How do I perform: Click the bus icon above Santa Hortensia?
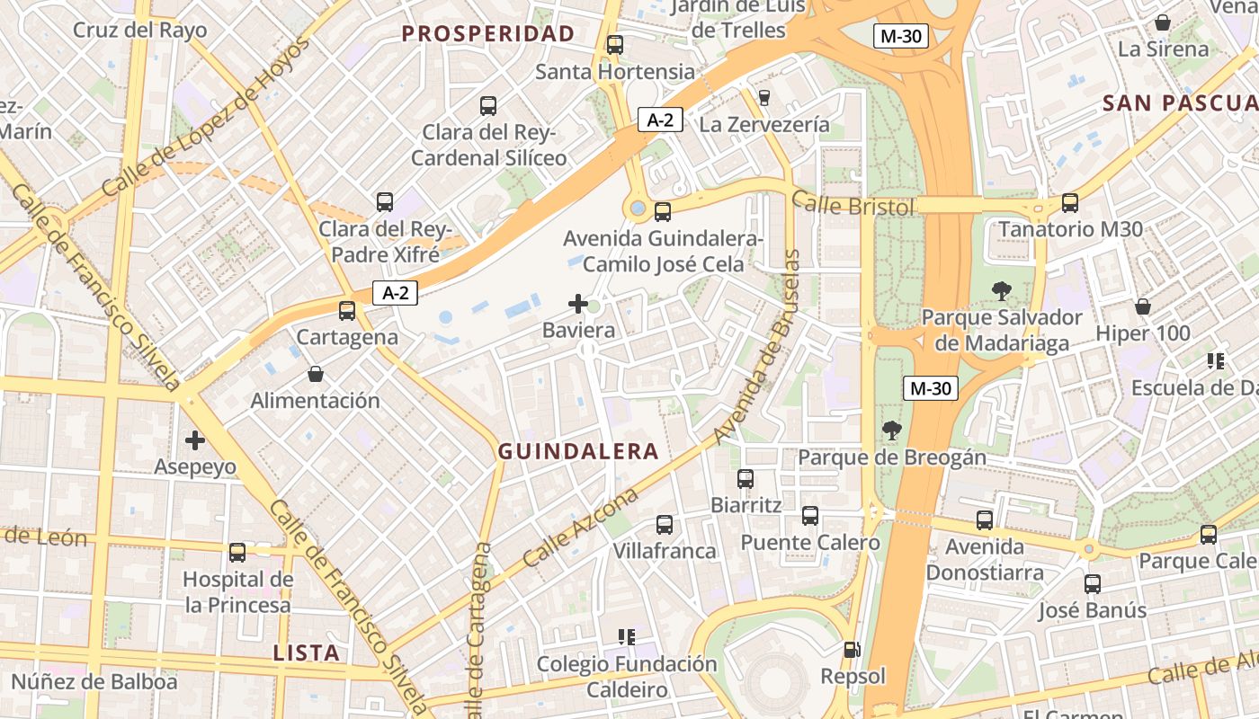(x=615, y=45)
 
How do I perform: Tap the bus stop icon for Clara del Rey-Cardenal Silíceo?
(x=488, y=106)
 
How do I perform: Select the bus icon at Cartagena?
(x=347, y=311)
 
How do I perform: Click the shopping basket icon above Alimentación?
(x=316, y=374)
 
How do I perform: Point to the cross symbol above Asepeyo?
(x=195, y=440)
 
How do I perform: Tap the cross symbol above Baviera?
(x=578, y=304)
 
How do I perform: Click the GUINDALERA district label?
(x=578, y=451)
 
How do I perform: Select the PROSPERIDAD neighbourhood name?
(x=487, y=34)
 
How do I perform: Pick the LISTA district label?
(x=306, y=653)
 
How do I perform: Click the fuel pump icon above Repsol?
(x=852, y=649)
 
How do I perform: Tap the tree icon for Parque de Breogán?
(x=891, y=431)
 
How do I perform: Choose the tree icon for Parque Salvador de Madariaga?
(x=1001, y=290)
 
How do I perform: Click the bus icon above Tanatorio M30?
(x=1070, y=203)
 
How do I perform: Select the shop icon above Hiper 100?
(x=1143, y=306)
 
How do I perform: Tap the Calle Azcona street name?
(x=579, y=528)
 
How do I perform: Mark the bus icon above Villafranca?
(x=665, y=525)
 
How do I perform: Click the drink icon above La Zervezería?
(x=764, y=97)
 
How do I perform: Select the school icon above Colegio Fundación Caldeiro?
(x=627, y=637)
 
